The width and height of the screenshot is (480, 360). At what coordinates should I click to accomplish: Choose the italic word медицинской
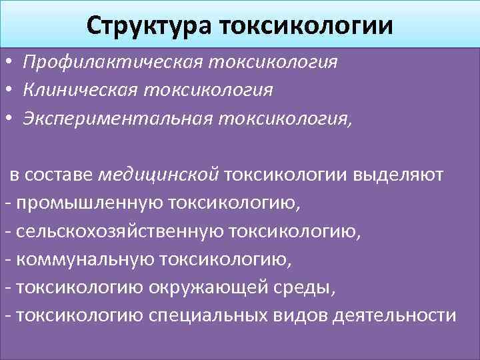158,175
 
